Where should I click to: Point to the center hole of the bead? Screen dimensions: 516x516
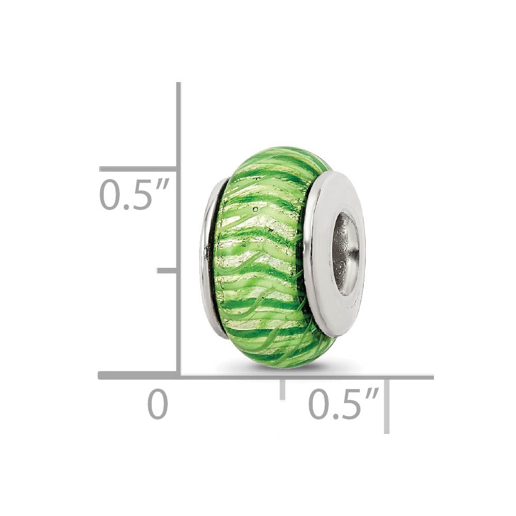pos(344,253)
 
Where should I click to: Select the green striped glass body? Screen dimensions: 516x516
pos(263,258)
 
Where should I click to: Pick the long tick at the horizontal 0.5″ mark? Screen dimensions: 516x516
pos(386,405)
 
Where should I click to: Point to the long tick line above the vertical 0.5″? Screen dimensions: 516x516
pos(138,169)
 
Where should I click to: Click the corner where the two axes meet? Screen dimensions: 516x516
pos(179,376)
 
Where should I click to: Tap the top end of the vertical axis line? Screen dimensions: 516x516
pos(179,84)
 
